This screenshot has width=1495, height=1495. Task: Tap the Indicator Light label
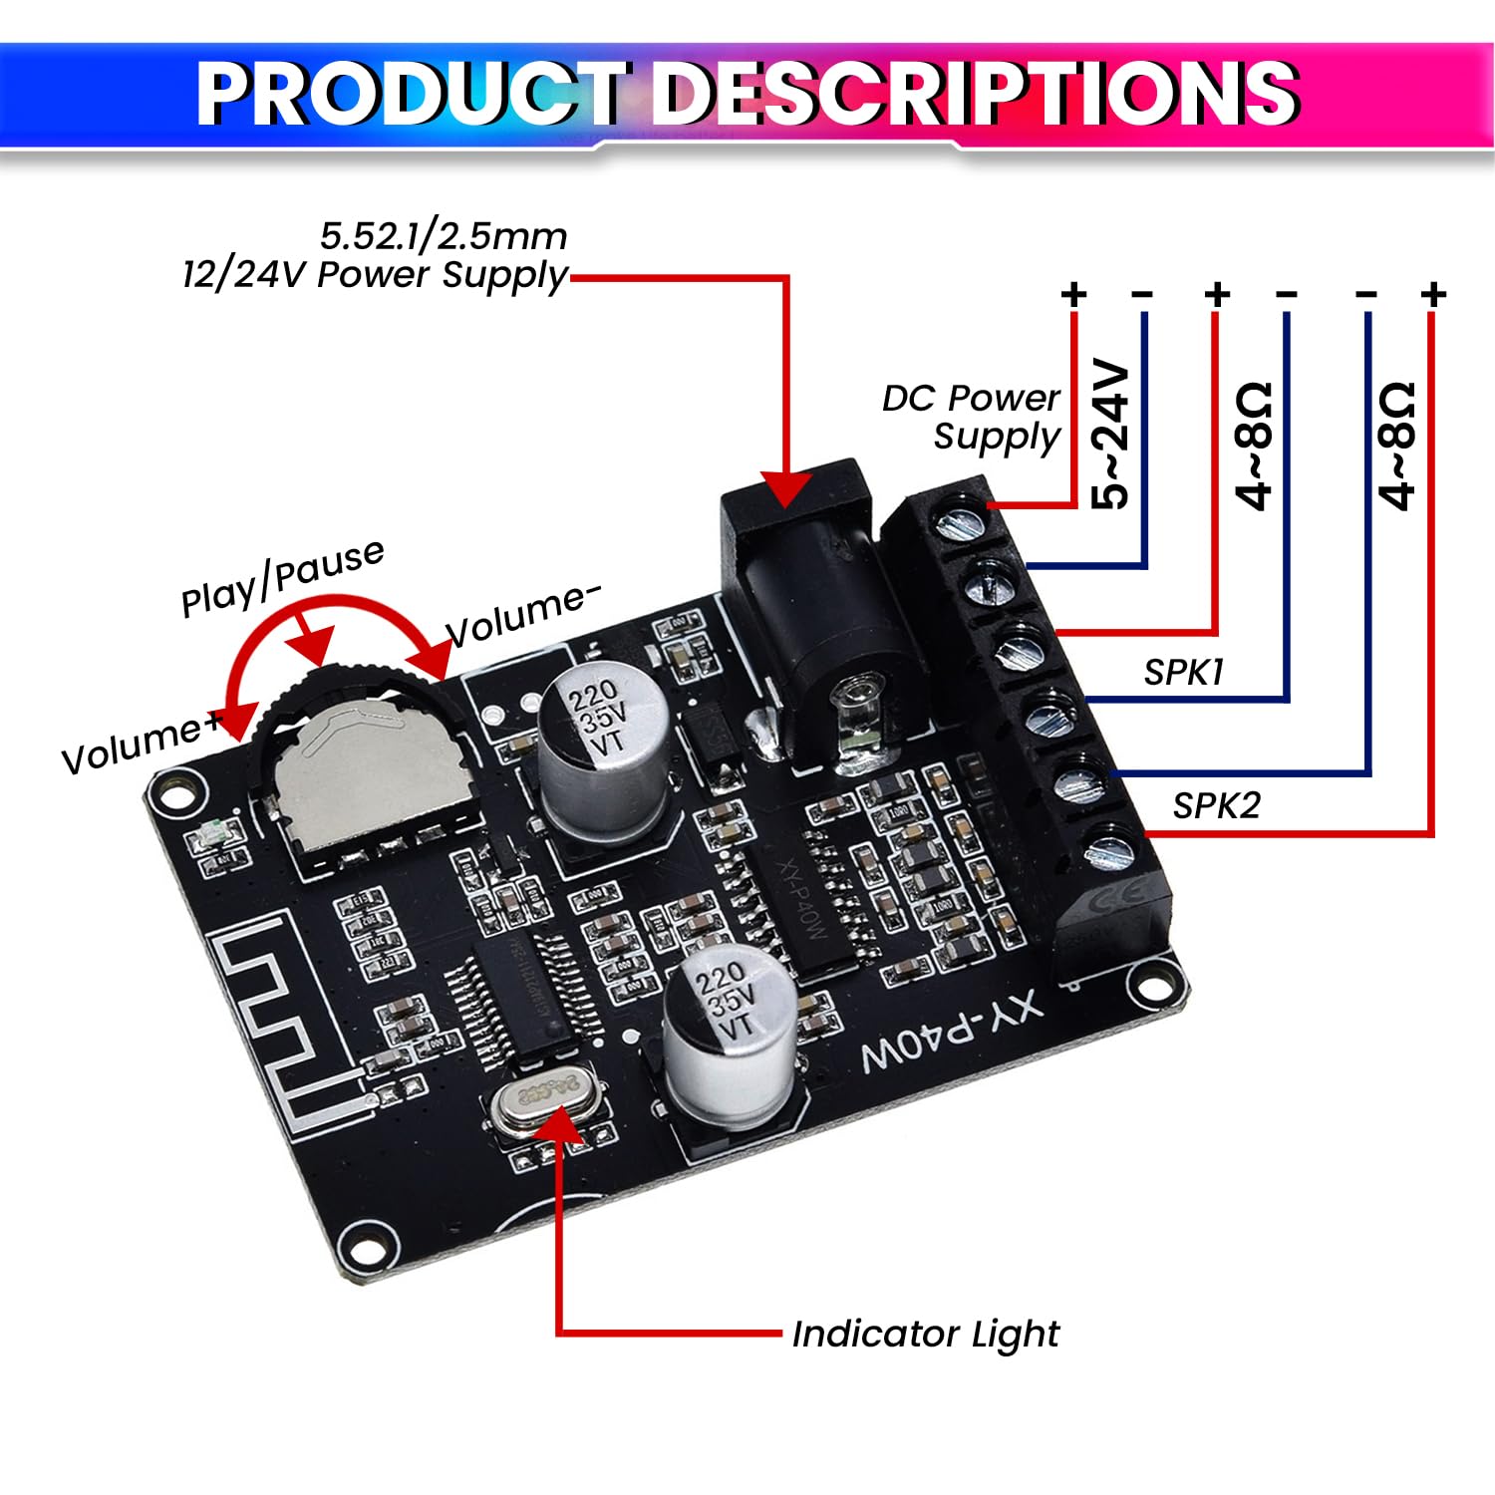tap(925, 1334)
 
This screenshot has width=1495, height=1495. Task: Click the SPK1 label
tap(1183, 673)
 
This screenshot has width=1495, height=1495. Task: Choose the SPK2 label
tap(1216, 805)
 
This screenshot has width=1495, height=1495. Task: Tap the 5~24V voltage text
tap(1111, 435)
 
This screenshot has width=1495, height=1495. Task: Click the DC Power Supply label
tap(972, 417)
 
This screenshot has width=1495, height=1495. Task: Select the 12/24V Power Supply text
tap(375, 274)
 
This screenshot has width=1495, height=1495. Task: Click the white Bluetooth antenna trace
tap(279, 1027)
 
